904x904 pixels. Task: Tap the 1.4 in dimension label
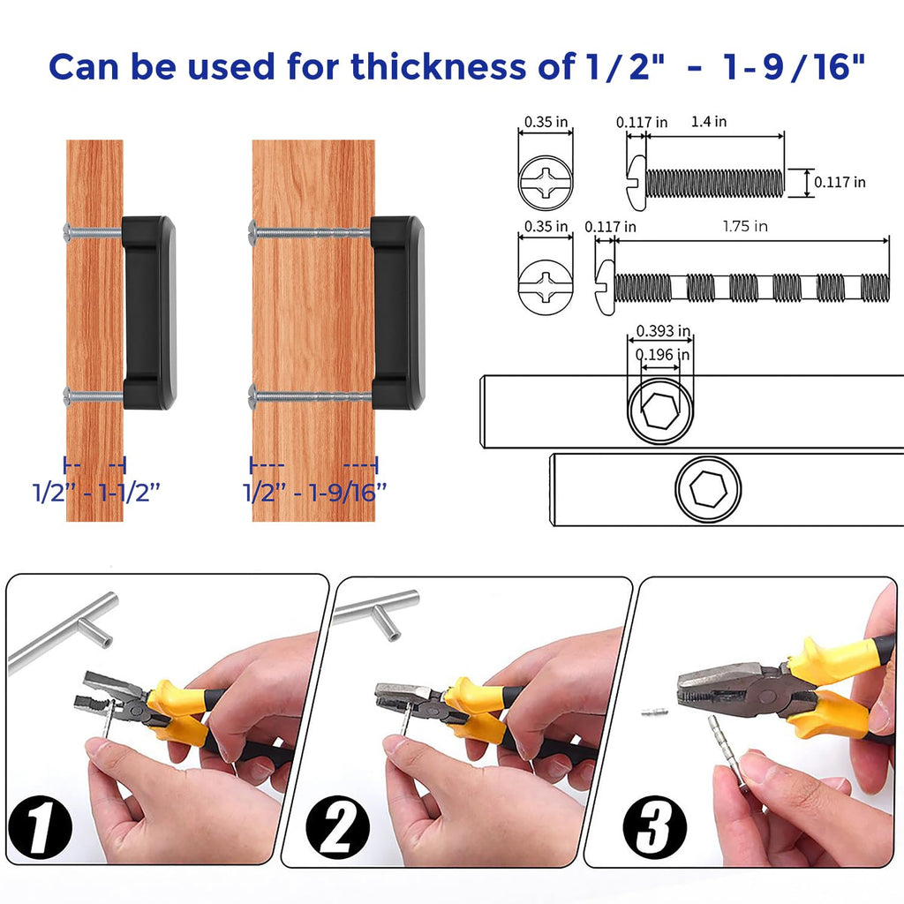pyautogui.click(x=709, y=122)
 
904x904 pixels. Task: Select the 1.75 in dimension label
pyautogui.click(x=745, y=226)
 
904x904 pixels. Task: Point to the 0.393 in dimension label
pyautogui.click(x=663, y=331)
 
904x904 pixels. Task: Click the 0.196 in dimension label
pyautogui.click(x=662, y=354)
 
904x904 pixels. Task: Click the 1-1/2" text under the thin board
pyautogui.click(x=129, y=493)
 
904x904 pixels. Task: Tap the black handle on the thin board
pyautogui.click(x=148, y=313)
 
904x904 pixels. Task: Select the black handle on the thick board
pyautogui.click(x=397, y=313)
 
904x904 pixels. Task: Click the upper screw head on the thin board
pyautogui.click(x=66, y=232)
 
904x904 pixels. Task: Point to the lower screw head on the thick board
pyautogui.click(x=252, y=396)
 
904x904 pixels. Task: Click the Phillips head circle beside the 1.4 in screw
pyautogui.click(x=546, y=183)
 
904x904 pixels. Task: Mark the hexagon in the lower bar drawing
pyautogui.click(x=708, y=489)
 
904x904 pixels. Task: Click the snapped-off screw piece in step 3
pyautogui.click(x=655, y=712)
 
